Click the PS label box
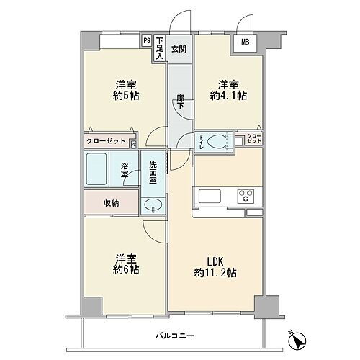tap(147, 41)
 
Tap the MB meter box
tap(245, 42)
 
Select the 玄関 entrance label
tap(179, 49)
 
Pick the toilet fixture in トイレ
tap(219, 140)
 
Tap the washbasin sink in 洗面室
tap(152, 206)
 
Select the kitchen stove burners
tap(246, 194)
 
